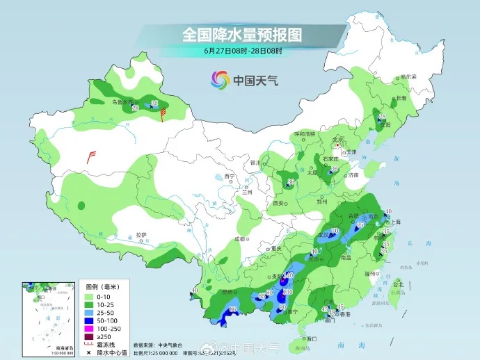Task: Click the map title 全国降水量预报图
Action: [242, 34]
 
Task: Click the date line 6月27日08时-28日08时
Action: [243, 51]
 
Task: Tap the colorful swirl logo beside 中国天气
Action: [221, 80]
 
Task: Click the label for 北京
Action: [339, 140]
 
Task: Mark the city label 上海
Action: [395, 222]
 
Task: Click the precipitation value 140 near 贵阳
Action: [287, 276]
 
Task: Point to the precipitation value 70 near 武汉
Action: [334, 231]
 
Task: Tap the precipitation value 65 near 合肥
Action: [360, 225]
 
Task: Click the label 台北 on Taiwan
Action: [398, 285]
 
